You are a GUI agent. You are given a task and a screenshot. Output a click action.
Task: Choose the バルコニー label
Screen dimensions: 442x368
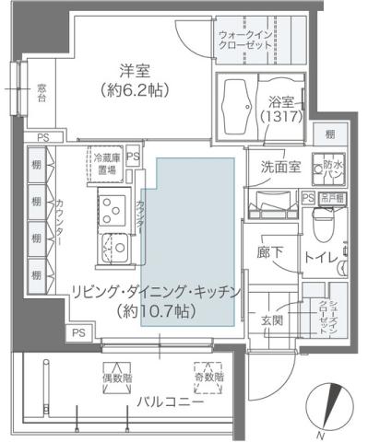[x=168, y=402]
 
